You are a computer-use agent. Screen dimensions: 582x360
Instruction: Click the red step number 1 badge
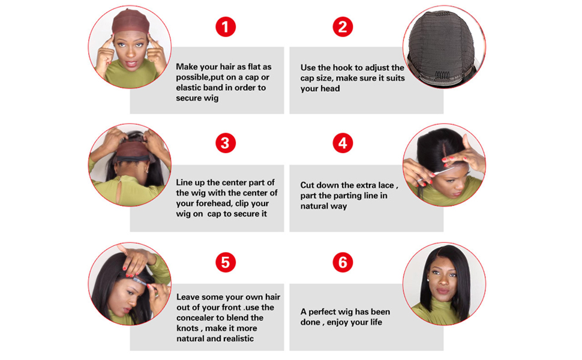[226, 27]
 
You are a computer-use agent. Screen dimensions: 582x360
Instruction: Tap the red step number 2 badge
[343, 27]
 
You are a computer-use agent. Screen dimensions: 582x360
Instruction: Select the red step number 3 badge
[226, 143]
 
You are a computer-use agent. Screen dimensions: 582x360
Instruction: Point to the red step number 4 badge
[343, 143]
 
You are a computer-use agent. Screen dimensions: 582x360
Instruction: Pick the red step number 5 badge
[226, 262]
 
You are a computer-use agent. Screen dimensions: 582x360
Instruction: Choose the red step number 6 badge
[343, 262]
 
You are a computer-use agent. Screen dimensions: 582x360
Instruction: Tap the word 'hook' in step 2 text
[342, 68]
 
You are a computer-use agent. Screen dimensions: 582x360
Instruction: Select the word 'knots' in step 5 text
[187, 328]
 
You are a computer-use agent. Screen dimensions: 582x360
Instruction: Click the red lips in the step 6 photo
[442, 290]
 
